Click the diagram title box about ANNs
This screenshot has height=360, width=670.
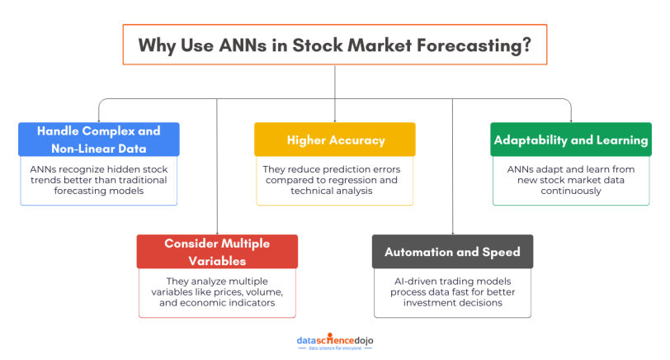(334, 45)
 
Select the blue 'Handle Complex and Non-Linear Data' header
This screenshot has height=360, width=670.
(98, 140)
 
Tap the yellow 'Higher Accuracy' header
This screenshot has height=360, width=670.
(335, 140)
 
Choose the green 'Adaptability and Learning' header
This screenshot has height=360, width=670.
(571, 140)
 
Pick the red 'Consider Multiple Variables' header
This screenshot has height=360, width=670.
(216, 251)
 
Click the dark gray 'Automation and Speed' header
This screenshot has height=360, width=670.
(452, 251)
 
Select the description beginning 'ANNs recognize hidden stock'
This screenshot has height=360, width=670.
(98, 179)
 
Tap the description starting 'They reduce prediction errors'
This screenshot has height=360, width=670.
(335, 179)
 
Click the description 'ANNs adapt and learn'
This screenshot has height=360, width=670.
(571, 179)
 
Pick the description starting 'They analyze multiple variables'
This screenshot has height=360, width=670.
(216, 291)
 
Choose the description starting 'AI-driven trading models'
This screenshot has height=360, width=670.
(452, 291)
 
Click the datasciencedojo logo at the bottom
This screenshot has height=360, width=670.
(335, 340)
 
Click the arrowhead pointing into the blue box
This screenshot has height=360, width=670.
(98, 120)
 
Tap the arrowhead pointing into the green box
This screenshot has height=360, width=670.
(571, 120)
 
